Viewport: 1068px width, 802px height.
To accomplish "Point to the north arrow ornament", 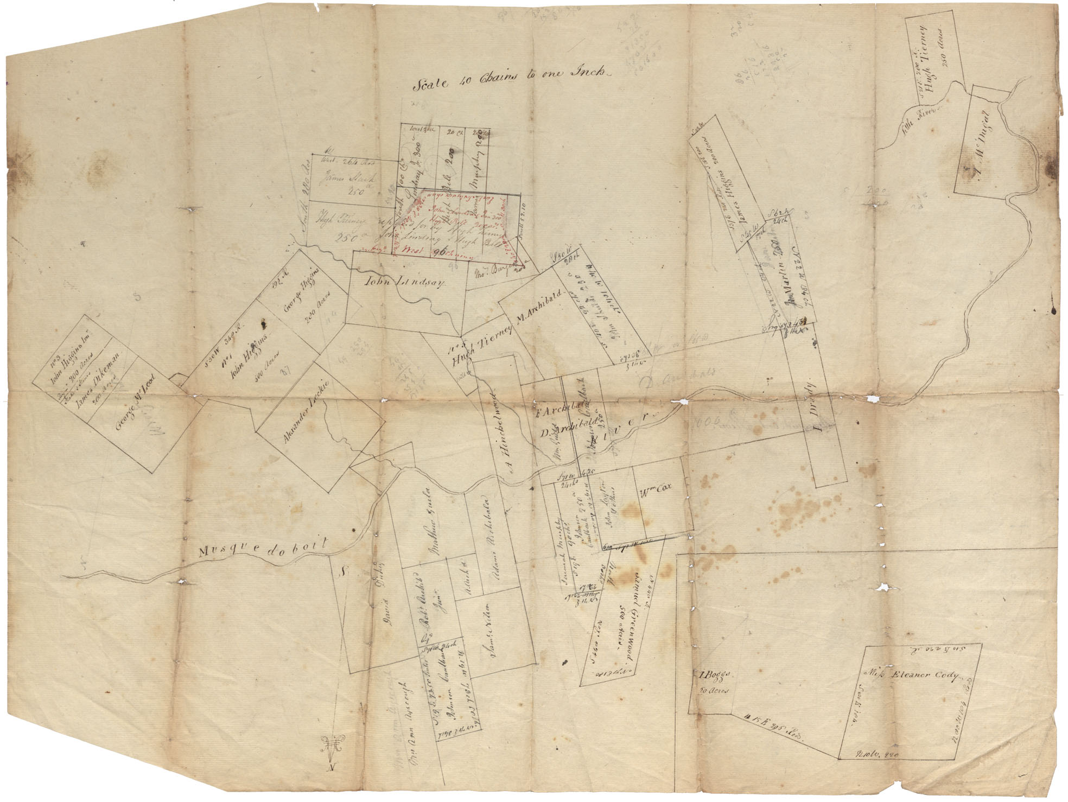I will point(331,744).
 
